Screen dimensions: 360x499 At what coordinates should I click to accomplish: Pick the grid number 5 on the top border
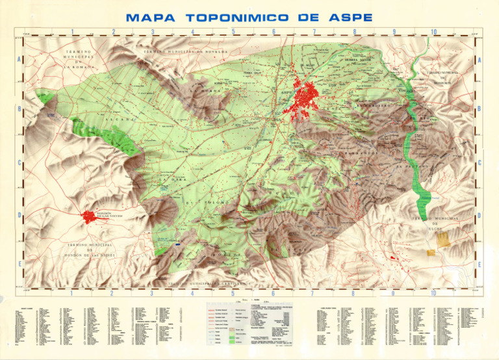tap(233, 31)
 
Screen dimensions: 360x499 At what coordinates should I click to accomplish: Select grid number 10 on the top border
tap(434, 31)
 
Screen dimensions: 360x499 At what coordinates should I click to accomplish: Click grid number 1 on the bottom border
tap(71, 293)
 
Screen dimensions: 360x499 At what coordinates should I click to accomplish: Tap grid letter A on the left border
tap(19, 60)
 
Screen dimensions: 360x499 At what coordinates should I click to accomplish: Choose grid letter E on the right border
tap(480, 264)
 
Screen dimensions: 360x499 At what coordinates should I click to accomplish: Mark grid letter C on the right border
tap(480, 163)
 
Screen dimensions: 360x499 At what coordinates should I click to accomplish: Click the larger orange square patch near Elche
tap(443, 240)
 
